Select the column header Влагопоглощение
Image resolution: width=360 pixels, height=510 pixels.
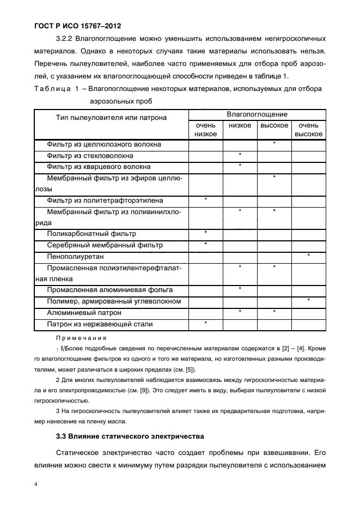point(257,114)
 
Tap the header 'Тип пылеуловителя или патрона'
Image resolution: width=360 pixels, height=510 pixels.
point(111,118)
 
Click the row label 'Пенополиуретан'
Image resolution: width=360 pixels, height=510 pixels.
point(75,256)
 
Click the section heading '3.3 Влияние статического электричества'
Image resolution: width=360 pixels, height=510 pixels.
point(130,436)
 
